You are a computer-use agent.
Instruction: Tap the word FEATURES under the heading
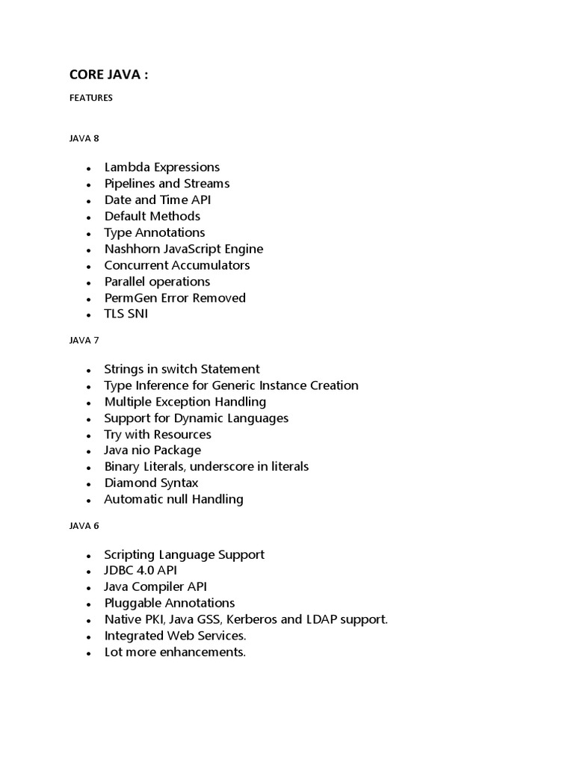click(91, 98)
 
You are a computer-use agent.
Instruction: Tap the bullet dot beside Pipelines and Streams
click(89, 185)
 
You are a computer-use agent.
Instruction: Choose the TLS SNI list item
click(126, 315)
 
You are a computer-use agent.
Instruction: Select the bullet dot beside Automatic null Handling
click(89, 501)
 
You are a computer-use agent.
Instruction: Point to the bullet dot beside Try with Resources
click(89, 436)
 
